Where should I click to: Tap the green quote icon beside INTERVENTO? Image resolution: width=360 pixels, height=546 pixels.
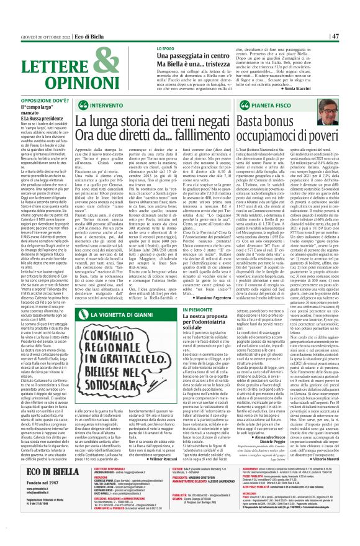tap(83, 106)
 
